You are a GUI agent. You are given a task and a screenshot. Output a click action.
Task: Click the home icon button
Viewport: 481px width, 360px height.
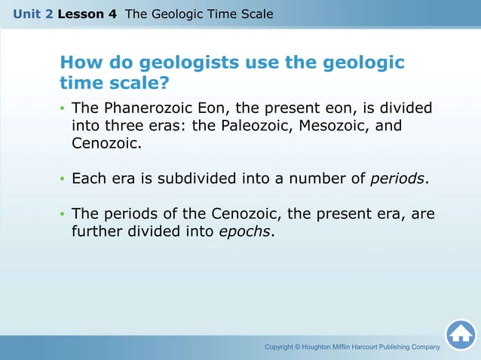[460, 334]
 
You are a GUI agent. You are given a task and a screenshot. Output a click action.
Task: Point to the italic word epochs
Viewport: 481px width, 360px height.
[244, 231]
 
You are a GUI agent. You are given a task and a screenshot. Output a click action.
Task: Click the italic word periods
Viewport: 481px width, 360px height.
[398, 178]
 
